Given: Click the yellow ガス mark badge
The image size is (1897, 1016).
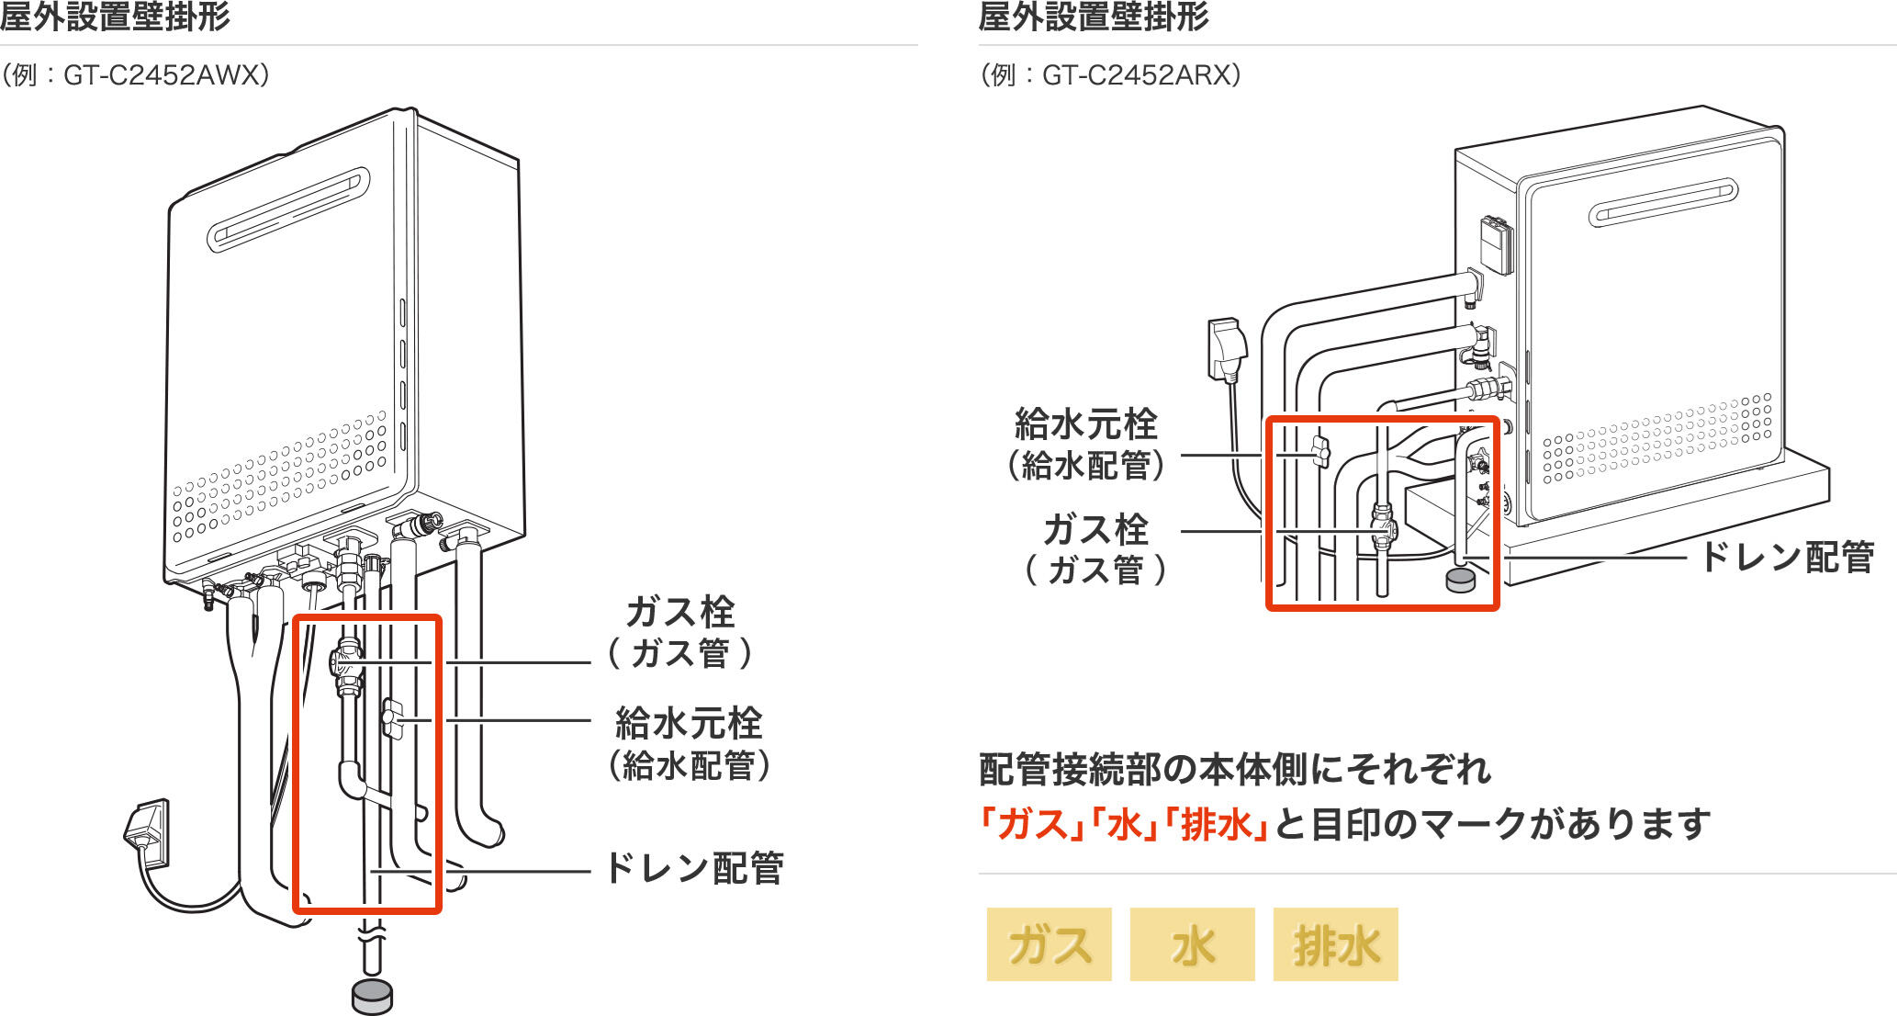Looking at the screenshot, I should tap(1049, 944).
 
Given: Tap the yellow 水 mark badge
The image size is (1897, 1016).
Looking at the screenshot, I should tap(1192, 944).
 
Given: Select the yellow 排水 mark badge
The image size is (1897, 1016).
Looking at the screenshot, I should tap(1335, 944).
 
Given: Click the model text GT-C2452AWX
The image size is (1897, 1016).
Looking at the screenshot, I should tap(165, 75).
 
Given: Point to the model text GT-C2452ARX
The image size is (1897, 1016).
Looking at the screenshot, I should tap(1141, 75).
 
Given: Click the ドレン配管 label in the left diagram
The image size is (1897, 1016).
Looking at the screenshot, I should tap(694, 868).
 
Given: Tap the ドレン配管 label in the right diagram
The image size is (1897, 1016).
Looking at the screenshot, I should tap(1787, 557).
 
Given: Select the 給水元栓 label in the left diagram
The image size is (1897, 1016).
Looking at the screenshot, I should tap(689, 724).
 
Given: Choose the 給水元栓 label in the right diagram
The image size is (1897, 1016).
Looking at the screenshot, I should tap(1086, 425).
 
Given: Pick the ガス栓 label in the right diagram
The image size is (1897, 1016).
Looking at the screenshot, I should tap(1095, 530).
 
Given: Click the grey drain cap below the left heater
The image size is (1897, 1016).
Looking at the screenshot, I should tap(372, 997).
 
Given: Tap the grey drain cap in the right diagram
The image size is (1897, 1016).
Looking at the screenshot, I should tap(1460, 580).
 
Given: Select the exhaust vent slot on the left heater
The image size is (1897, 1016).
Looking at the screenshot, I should tap(289, 209).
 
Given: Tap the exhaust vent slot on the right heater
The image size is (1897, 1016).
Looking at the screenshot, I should tap(1663, 203).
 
